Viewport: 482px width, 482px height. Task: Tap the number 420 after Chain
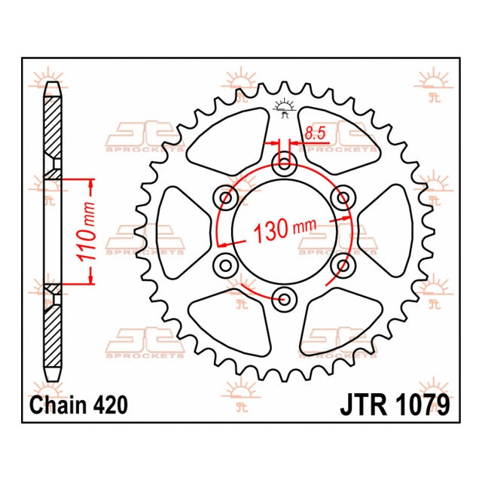pos(110,405)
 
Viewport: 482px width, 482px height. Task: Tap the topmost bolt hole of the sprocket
pos(284,165)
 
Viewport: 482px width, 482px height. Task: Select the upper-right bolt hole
pos(343,198)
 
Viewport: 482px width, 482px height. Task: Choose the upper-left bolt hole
pos(225,198)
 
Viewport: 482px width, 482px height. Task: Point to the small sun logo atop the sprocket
pos(284,107)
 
